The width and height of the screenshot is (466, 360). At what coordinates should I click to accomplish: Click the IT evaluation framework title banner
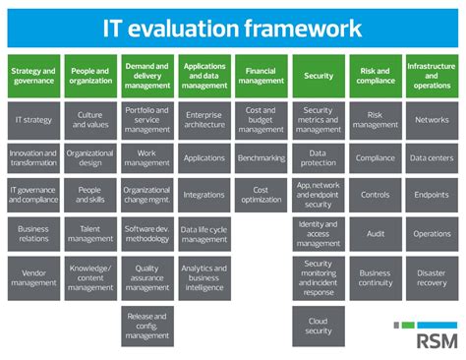coord(232,28)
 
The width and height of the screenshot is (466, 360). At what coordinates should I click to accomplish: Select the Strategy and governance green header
coord(33,75)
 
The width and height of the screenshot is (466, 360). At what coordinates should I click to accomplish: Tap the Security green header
coord(318,75)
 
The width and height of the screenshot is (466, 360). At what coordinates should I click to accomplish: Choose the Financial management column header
coord(261,75)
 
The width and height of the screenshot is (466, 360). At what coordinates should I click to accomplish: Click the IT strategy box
coord(33,120)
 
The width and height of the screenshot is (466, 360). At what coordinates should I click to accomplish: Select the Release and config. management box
coord(147,325)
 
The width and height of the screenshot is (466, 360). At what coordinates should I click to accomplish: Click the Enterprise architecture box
coord(204,120)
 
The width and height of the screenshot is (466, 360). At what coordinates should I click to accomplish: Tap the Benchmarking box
coord(261,158)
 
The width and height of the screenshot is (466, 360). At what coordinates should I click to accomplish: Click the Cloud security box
coord(318,325)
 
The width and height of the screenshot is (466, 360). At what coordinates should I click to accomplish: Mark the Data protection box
coord(318,158)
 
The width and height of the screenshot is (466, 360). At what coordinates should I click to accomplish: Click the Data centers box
coord(432,158)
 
